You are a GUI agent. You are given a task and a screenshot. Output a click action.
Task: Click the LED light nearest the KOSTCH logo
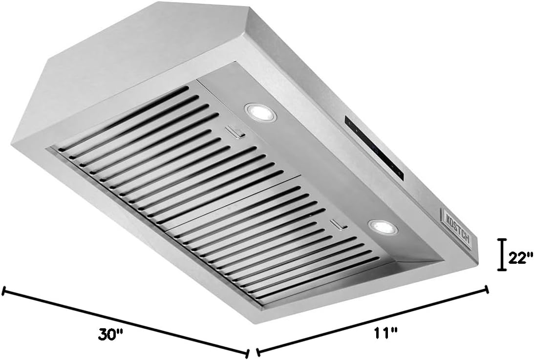point(383,227)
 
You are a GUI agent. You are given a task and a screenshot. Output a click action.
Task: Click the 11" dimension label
point(384,332)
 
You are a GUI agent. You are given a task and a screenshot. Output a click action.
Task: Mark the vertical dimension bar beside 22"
point(501,255)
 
